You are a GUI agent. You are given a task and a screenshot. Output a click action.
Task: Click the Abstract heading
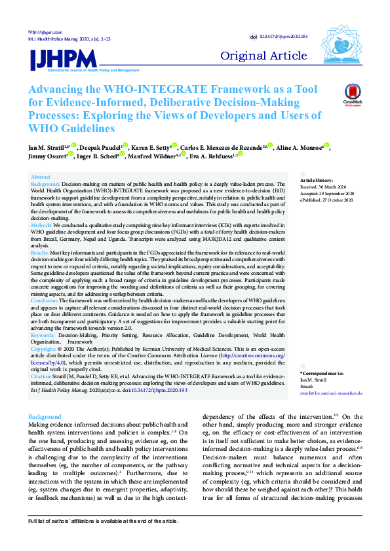[x=41, y=177]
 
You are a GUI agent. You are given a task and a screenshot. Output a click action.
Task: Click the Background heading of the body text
[x=46, y=416]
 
